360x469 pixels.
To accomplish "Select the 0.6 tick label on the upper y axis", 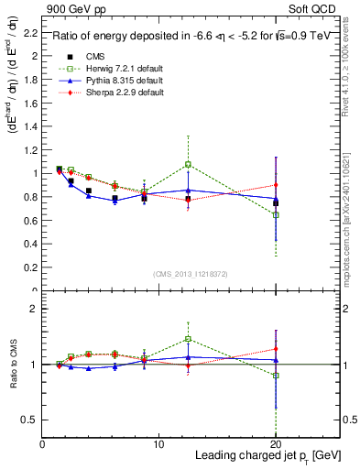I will coord(31,221).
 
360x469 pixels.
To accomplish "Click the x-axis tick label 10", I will coord(158,444).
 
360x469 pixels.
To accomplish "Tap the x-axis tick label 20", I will coord(276,444).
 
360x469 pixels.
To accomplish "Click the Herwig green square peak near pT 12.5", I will coord(188,164).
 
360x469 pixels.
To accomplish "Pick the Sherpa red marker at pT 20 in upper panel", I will coord(276,184).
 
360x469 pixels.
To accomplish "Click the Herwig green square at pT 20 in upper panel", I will coord(276,214).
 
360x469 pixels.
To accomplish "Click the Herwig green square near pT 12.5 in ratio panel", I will coord(188,338).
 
